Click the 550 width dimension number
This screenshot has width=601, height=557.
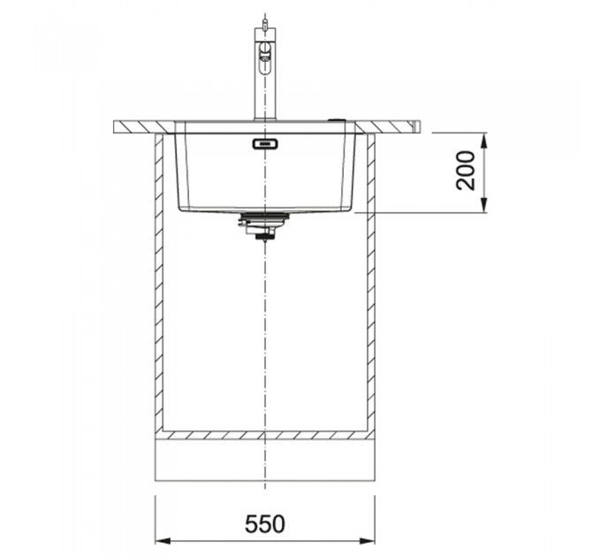click(x=264, y=524)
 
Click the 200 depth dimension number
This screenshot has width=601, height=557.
click(x=466, y=171)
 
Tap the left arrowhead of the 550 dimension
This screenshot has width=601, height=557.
click(x=163, y=541)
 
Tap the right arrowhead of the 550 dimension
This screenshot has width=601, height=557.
click(x=367, y=541)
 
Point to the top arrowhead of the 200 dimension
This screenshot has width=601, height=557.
click(x=484, y=141)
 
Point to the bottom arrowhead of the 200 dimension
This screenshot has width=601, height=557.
click(x=484, y=205)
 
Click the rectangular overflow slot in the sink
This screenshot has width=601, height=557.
click(x=265, y=144)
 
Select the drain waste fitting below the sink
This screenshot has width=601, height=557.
click(x=263, y=225)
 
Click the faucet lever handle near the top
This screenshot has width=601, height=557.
click(x=265, y=52)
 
